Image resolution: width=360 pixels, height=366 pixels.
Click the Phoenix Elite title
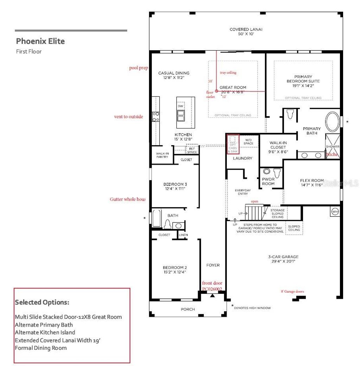point(40,41)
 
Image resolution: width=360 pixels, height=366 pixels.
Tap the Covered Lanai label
point(246,29)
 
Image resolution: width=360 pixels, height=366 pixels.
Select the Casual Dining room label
point(174,73)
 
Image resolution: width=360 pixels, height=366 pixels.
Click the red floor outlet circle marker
point(216,91)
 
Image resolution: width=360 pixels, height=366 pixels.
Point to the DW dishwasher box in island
point(181,106)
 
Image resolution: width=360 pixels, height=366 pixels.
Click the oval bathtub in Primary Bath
point(332,122)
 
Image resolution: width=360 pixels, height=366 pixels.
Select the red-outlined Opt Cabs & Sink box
point(233,144)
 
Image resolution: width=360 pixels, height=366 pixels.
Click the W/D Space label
point(248,141)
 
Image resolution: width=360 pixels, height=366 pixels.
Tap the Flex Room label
point(311,181)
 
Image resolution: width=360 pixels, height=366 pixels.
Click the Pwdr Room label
point(269,181)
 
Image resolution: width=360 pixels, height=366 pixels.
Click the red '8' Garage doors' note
point(292,291)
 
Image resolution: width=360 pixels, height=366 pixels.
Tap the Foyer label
point(213,265)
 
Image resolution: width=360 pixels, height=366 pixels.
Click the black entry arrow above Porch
point(212,296)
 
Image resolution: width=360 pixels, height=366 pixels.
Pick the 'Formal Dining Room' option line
point(41,348)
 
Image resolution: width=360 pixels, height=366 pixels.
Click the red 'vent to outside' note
point(128,116)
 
